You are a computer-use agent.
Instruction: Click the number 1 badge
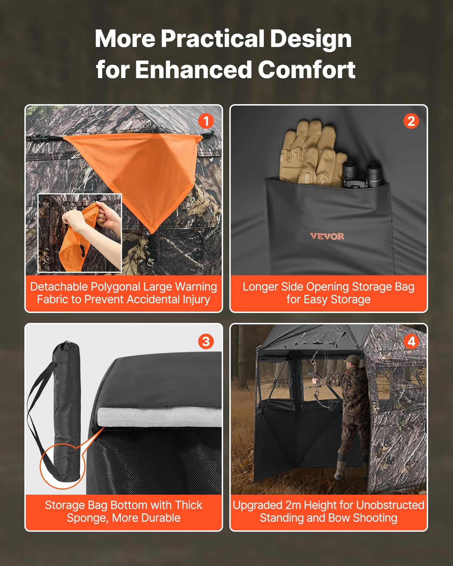point(206,121)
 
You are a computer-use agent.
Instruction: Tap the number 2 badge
point(411,121)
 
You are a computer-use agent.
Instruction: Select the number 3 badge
point(206,341)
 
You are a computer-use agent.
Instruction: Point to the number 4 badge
point(411,341)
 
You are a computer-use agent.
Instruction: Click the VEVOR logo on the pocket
point(327,236)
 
